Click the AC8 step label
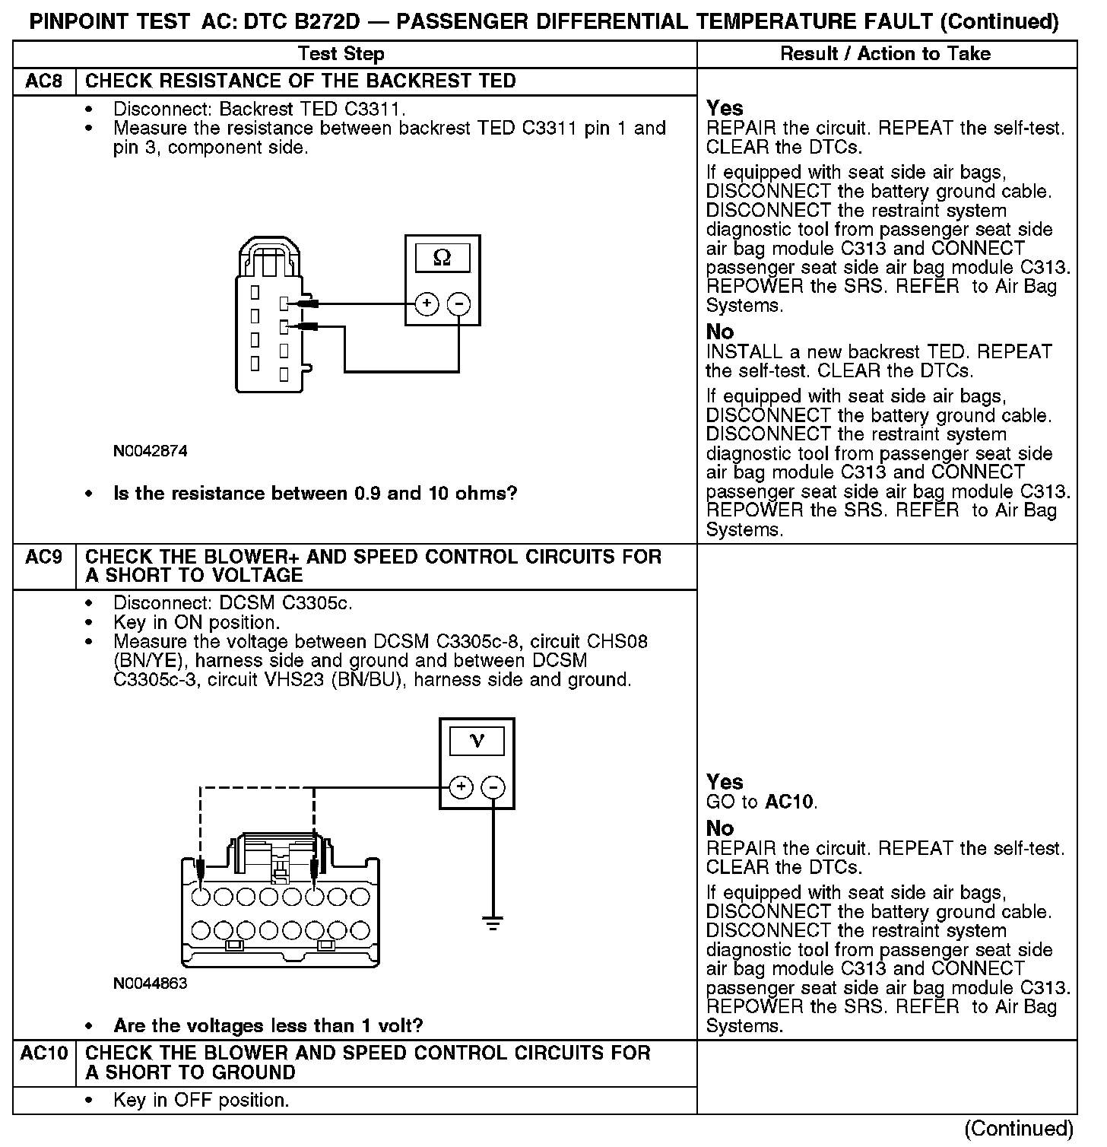pyautogui.click(x=44, y=81)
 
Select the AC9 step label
pyautogui.click(x=44, y=558)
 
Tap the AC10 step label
pyautogui.click(x=44, y=1053)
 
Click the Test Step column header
pyautogui.click(x=341, y=54)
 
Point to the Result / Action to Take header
pyautogui.click(x=886, y=54)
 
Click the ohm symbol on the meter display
pyautogui.click(x=442, y=259)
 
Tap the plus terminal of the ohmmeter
pyautogui.click(x=427, y=304)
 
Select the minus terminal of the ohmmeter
pyautogui.click(x=458, y=304)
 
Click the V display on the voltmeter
pyautogui.click(x=477, y=741)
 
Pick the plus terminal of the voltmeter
pyautogui.click(x=462, y=786)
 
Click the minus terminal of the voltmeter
pyautogui.click(x=493, y=786)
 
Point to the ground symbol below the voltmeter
pyautogui.click(x=493, y=924)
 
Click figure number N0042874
pyautogui.click(x=150, y=451)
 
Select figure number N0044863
pyautogui.click(x=150, y=983)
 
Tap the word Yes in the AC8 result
pyautogui.click(x=725, y=108)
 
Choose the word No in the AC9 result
pyautogui.click(x=720, y=828)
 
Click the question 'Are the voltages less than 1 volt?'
pyautogui.click(x=268, y=1025)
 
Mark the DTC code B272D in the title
pyautogui.click(x=320, y=22)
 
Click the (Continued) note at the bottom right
pyautogui.click(x=1019, y=1129)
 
